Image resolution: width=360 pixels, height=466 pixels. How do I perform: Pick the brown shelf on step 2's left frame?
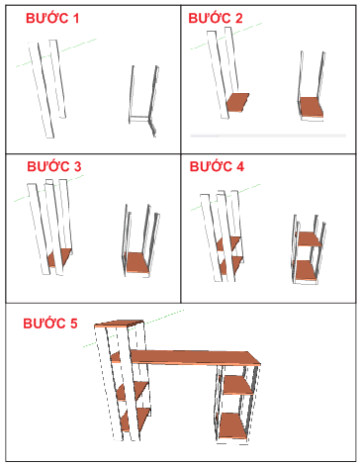click(238, 101)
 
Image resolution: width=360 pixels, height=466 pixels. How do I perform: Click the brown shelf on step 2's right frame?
click(313, 104)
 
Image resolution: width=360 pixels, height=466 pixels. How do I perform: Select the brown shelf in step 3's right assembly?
click(135, 261)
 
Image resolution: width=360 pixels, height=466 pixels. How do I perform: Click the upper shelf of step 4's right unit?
click(310, 238)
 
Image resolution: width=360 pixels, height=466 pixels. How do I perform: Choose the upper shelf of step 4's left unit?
click(230, 241)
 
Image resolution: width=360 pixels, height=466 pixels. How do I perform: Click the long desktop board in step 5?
click(188, 357)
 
